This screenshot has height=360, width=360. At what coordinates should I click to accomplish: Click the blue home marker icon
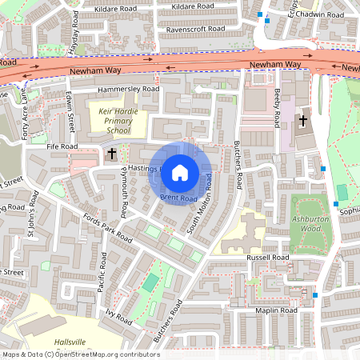[180, 171]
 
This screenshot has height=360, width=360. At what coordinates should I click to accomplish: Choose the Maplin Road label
[276, 310]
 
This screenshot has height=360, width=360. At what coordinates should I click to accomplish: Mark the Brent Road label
[178, 197]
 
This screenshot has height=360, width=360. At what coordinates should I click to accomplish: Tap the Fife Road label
[61, 147]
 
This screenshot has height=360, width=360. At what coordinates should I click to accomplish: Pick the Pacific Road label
[102, 271]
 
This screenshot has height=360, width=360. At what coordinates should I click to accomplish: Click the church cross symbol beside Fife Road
[112, 153]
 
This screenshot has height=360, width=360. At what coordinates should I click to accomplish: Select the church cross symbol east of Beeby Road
[303, 122]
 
